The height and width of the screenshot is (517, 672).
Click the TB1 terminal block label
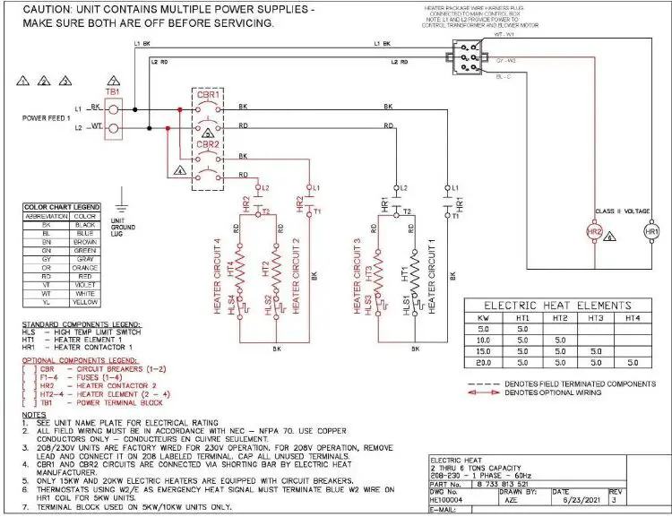112,91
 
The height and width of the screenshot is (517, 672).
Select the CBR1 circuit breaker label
208,93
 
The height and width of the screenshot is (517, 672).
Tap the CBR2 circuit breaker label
208,143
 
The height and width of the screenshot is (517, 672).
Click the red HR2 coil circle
593,231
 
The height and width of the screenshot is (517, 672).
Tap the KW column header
484,318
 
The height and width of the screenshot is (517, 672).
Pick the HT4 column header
633,318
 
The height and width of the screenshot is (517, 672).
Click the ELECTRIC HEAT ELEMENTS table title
558,305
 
